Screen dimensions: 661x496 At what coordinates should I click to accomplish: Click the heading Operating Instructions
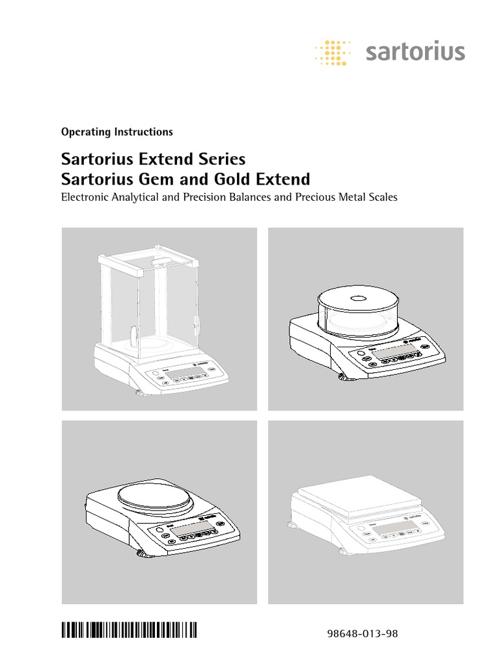[x=116, y=132]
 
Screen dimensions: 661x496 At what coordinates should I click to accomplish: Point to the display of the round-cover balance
[x=393, y=353]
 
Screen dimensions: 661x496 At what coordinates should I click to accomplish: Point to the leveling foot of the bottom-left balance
[x=139, y=553]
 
